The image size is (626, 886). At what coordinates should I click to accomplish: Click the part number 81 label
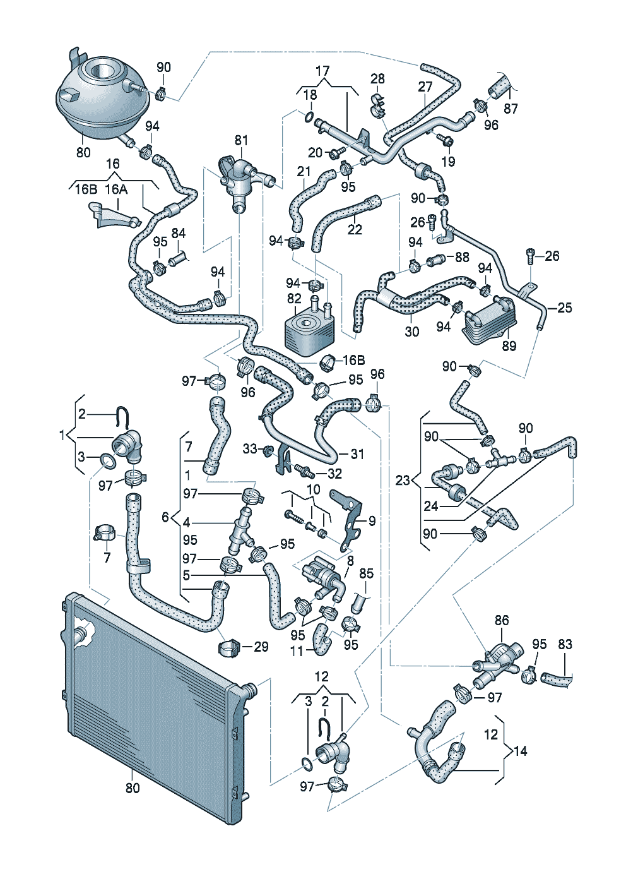point(241,140)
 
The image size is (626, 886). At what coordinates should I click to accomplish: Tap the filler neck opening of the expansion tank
point(102,71)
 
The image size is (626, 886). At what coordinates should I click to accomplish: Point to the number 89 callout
point(509,345)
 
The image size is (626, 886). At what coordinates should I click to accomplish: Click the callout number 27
point(425,87)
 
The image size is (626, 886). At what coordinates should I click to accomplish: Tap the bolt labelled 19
point(445,140)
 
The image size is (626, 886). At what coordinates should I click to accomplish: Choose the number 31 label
point(357,453)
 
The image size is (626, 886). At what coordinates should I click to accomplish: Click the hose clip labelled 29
point(228,647)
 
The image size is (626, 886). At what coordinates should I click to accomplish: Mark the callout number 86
point(502,620)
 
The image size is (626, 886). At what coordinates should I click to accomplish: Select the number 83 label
point(565,644)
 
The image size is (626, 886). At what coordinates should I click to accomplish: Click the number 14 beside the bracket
point(521,751)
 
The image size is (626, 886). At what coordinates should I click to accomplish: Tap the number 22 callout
point(354,229)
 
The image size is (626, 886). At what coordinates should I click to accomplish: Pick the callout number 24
point(431,506)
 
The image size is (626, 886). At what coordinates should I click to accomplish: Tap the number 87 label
point(511,108)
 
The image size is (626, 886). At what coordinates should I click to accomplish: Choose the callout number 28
point(377,78)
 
